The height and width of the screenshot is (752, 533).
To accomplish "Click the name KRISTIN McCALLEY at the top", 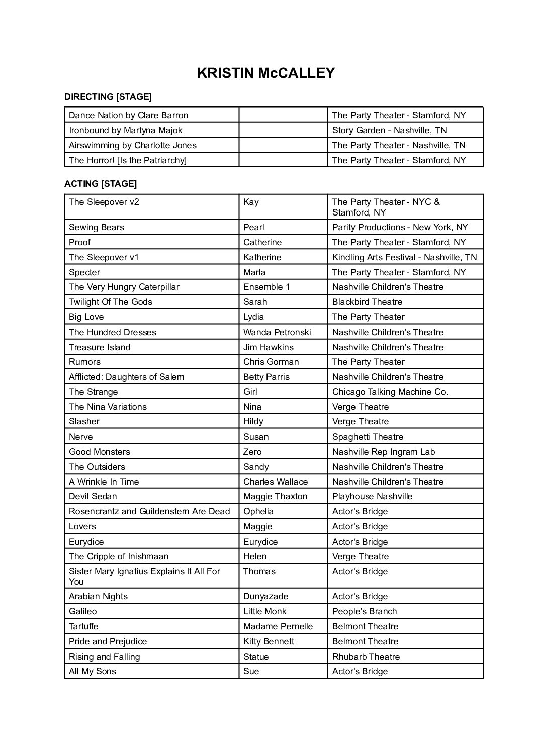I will tap(266, 73).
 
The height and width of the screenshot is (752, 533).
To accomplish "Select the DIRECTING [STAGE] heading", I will tap(108, 96).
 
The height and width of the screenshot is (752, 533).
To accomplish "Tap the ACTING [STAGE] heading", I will tap(101, 184).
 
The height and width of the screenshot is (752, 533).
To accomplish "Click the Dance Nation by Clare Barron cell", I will tap(129, 115).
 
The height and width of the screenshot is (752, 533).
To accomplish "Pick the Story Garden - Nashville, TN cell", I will tap(389, 130).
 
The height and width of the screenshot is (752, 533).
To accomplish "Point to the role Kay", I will tap(251, 202).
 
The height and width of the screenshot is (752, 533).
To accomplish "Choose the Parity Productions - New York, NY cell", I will tap(400, 227).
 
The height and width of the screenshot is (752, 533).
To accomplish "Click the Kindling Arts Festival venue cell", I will tap(404, 257).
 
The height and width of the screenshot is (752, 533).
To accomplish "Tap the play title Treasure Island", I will tap(100, 347).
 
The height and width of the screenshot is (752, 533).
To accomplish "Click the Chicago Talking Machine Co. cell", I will tap(390, 392).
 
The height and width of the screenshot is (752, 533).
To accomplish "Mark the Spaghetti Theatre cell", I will tap(368, 437).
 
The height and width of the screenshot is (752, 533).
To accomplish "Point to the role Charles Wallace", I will tap(276, 482).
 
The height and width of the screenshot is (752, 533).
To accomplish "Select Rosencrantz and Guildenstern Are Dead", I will tap(149, 511).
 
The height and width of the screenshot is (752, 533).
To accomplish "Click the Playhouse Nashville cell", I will tap(372, 496).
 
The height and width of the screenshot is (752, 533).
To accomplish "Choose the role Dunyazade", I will tap(265, 596).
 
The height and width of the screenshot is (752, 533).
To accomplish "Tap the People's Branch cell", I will tap(365, 611).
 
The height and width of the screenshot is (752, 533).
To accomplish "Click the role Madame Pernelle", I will tap(278, 626).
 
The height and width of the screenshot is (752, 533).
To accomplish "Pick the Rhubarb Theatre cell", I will tap(366, 657).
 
